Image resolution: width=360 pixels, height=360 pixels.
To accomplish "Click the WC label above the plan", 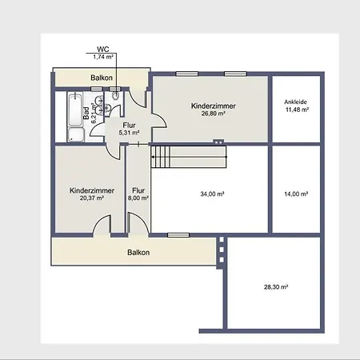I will (x=102, y=49).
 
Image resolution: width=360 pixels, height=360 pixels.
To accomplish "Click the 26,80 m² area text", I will (x=208, y=114).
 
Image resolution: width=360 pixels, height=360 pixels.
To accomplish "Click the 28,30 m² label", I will (x=276, y=286).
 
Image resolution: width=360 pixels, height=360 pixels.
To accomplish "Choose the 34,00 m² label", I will (x=211, y=194).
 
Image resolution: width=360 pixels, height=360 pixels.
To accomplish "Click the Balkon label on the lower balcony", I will (x=138, y=252).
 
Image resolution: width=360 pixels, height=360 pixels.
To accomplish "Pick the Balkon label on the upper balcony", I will (x=101, y=78).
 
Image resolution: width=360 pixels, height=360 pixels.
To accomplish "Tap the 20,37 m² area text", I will (x=91, y=198).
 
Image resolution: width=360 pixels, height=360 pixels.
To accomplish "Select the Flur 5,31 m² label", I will (x=128, y=129).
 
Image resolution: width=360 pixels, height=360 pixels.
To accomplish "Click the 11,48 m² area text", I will (x=298, y=110).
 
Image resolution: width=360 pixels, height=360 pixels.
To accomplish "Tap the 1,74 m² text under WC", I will (x=102, y=57).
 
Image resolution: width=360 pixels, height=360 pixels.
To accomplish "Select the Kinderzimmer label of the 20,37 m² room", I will (x=91, y=190).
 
